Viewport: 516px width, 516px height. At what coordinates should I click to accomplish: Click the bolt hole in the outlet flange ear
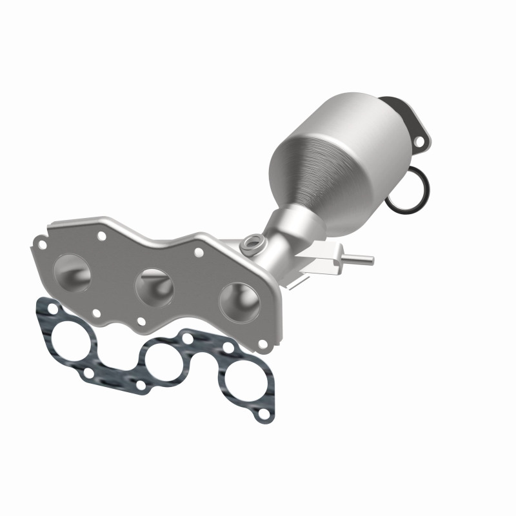pyautogui.click(x=420, y=139)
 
